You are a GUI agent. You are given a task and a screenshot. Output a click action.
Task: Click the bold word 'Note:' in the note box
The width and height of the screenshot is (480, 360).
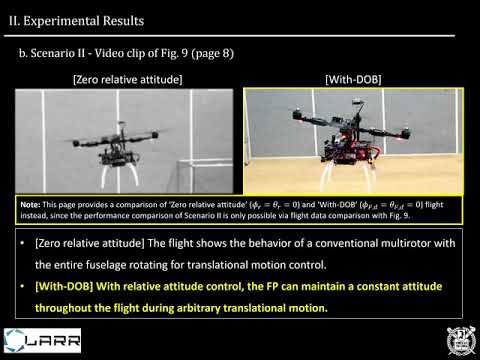pos(32,204)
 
